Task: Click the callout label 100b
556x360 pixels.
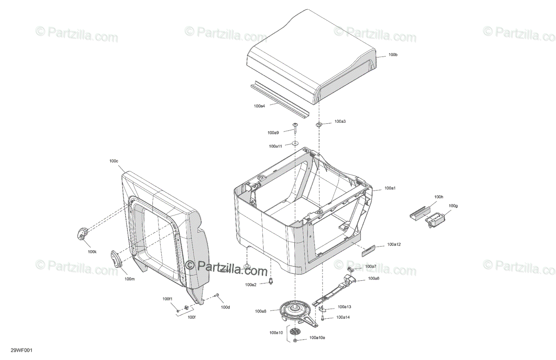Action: [x=393, y=55]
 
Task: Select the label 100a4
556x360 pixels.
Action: [x=259, y=106]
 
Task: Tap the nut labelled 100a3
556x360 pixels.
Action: [x=319, y=124]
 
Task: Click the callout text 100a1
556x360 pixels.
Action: [x=390, y=189]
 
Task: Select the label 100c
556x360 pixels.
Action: [x=114, y=161]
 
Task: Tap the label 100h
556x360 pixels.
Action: [x=439, y=197]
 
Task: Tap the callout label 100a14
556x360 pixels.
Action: [x=343, y=317]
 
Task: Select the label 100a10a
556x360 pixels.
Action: [x=317, y=338]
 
